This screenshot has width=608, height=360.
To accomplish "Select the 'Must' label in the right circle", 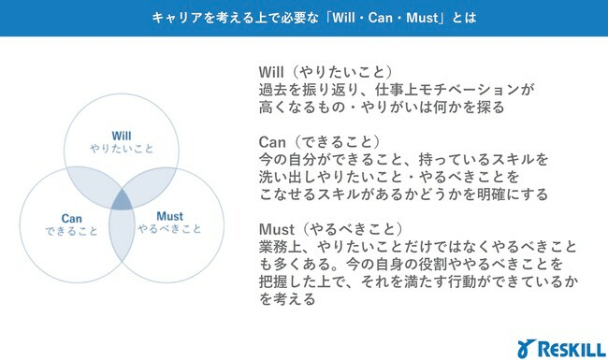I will (x=169, y=216).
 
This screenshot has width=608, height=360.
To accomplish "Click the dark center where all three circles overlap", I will (x=120, y=198).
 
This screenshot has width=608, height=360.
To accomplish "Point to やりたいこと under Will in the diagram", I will (x=122, y=148).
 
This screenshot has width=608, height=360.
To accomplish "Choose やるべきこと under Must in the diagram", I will (x=169, y=230).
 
